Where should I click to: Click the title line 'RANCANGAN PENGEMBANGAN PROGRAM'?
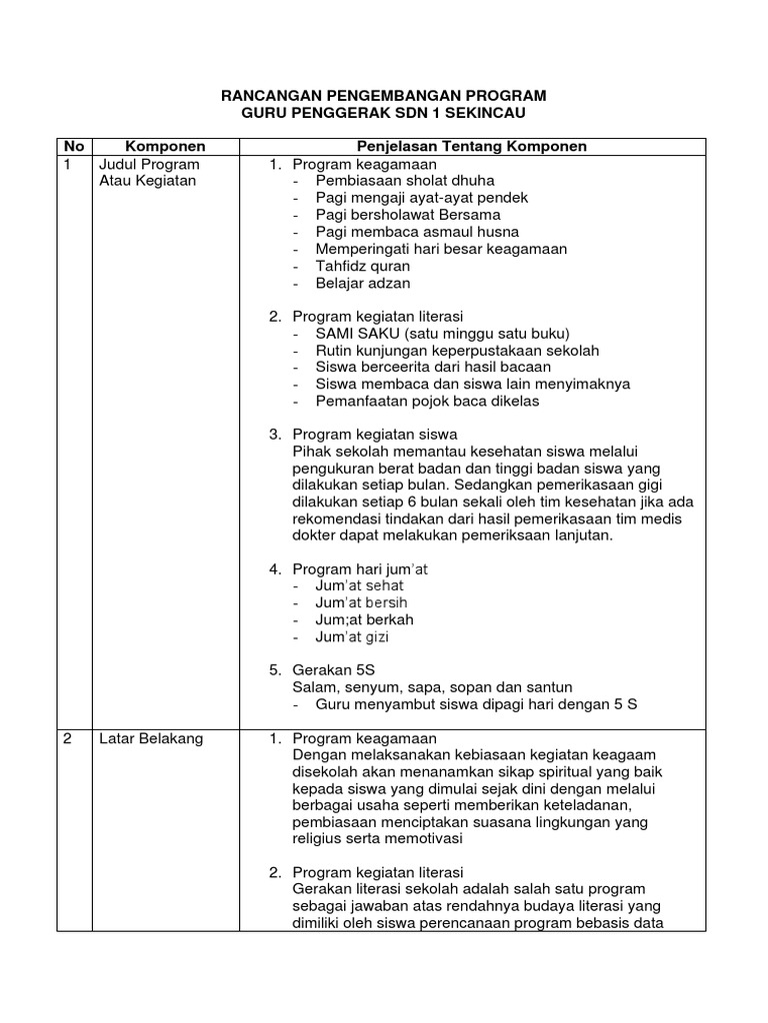tap(383, 96)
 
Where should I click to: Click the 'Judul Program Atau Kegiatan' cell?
tap(149, 172)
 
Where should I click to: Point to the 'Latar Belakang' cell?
tap(149, 738)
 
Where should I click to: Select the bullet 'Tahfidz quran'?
tap(363, 266)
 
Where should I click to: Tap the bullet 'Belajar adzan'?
tap(363, 283)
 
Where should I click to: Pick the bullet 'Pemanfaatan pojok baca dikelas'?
tap(427, 402)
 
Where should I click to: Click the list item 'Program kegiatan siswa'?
tap(374, 435)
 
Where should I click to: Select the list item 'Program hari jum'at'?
tap(359, 569)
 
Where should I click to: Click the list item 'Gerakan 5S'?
tap(334, 670)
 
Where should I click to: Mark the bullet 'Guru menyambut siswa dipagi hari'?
tap(476, 704)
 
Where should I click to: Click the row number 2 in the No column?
tap(68, 738)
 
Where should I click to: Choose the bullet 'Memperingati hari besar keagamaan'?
tap(441, 249)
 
